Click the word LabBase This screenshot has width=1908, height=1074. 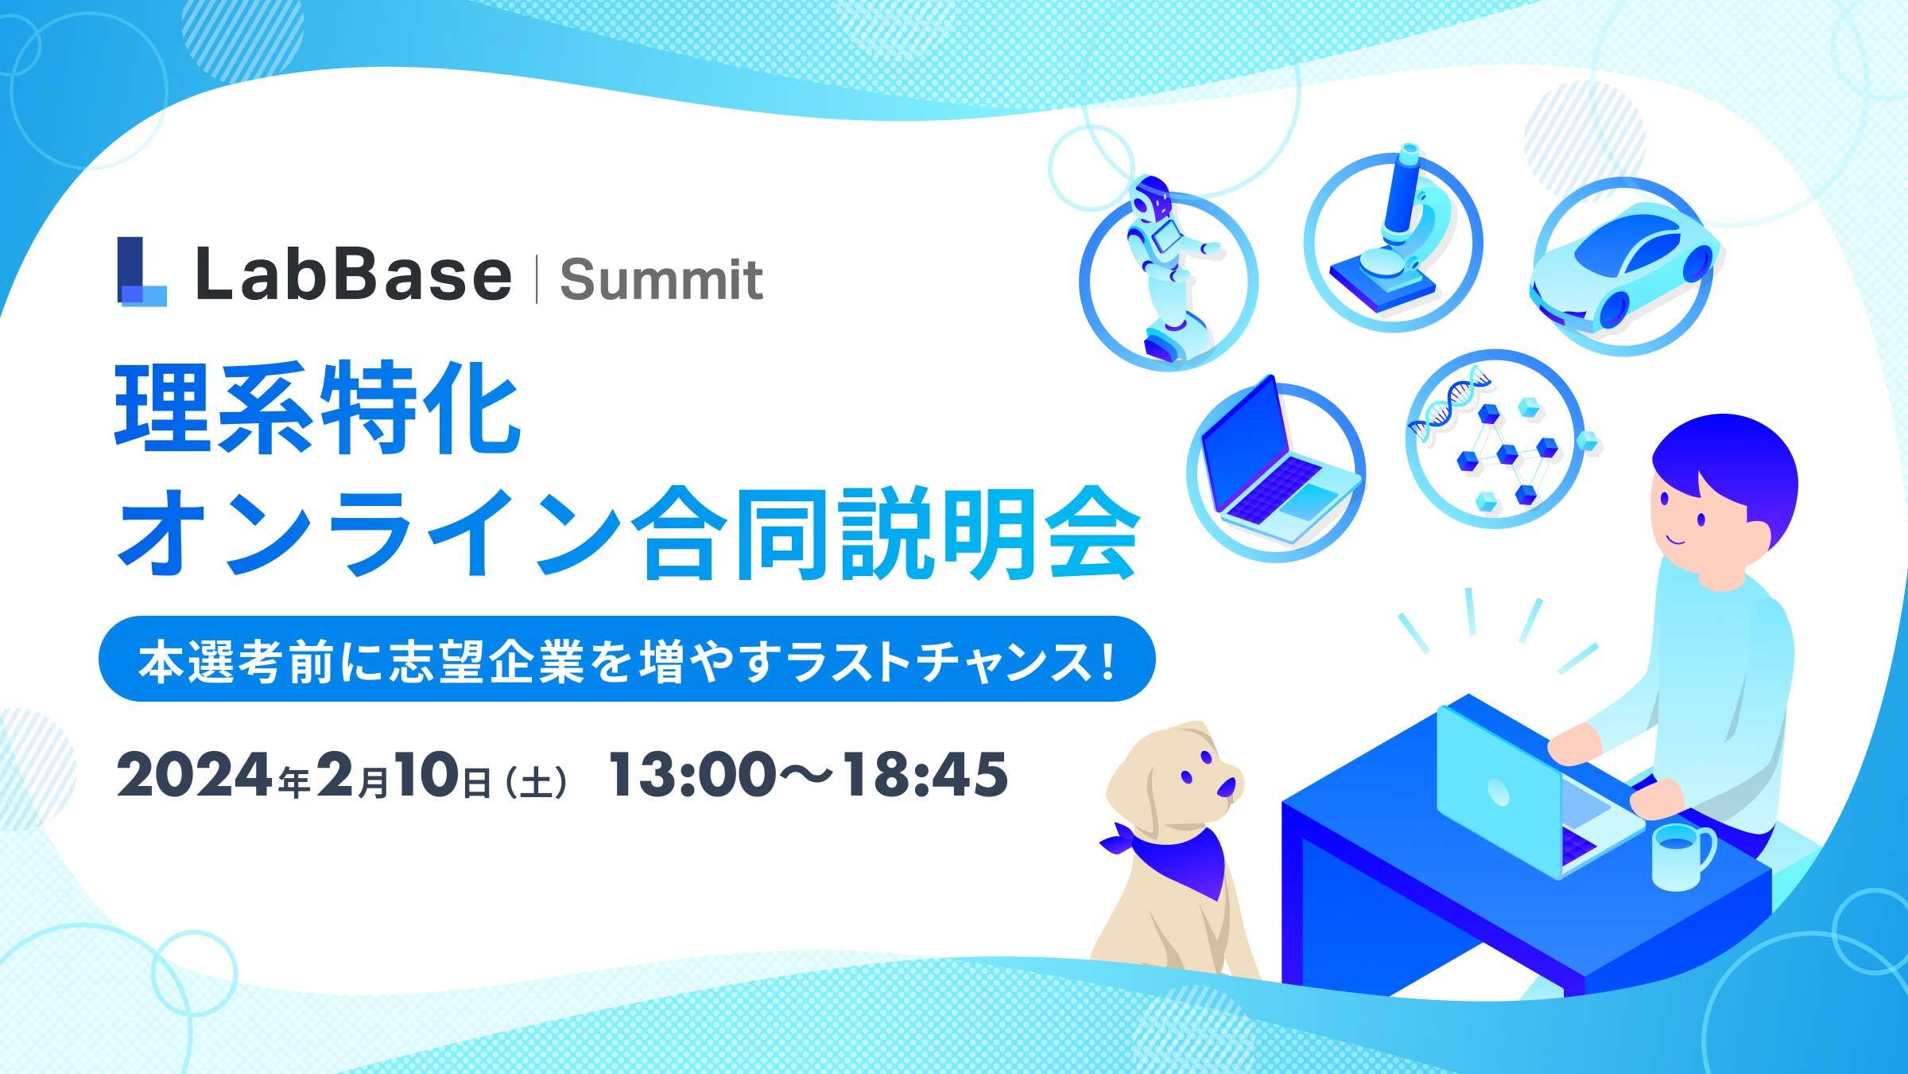click(353, 274)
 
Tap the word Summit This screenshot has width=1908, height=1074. click(661, 280)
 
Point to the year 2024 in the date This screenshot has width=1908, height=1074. click(196, 776)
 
